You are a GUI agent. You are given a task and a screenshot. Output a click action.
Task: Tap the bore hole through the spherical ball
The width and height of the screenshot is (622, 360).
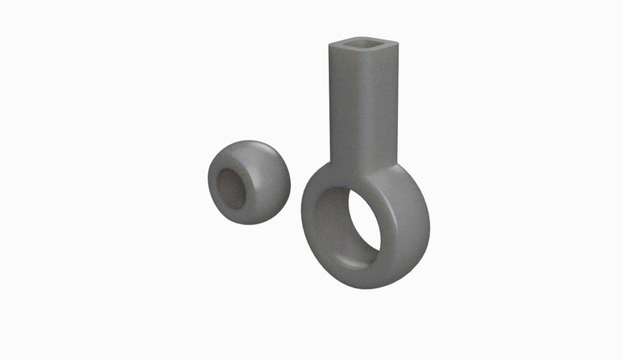pos(231,188)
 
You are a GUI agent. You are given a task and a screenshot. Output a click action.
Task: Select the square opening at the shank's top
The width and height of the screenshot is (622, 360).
pos(363,45)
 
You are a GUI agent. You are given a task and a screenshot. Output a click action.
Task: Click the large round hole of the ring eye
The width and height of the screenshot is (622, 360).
pos(363,227)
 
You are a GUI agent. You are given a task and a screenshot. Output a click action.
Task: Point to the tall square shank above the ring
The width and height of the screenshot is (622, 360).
pos(363,104)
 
